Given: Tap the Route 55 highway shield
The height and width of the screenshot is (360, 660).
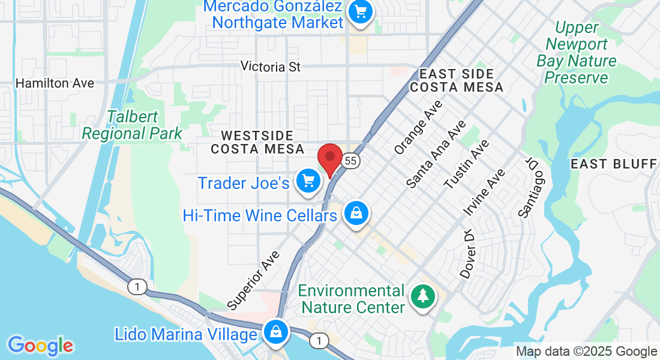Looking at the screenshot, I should (x=352, y=161).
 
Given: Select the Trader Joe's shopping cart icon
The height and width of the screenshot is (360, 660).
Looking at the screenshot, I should (x=308, y=181).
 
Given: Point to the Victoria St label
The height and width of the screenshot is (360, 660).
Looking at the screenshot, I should (x=271, y=67).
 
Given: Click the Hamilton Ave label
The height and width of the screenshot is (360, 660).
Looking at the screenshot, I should (x=55, y=83).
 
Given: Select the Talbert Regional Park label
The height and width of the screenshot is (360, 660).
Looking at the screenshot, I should (x=132, y=125).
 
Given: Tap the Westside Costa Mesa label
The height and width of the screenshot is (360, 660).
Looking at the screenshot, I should (x=256, y=142).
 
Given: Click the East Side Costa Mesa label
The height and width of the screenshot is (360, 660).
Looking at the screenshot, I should (x=457, y=80).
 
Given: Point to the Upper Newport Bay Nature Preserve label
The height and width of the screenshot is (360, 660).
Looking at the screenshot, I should (x=577, y=53).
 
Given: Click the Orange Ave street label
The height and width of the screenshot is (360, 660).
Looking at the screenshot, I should (x=418, y=126).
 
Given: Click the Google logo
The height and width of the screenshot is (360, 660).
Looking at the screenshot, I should (x=40, y=346).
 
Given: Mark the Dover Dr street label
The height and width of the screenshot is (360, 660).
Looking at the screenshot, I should (x=467, y=253).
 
